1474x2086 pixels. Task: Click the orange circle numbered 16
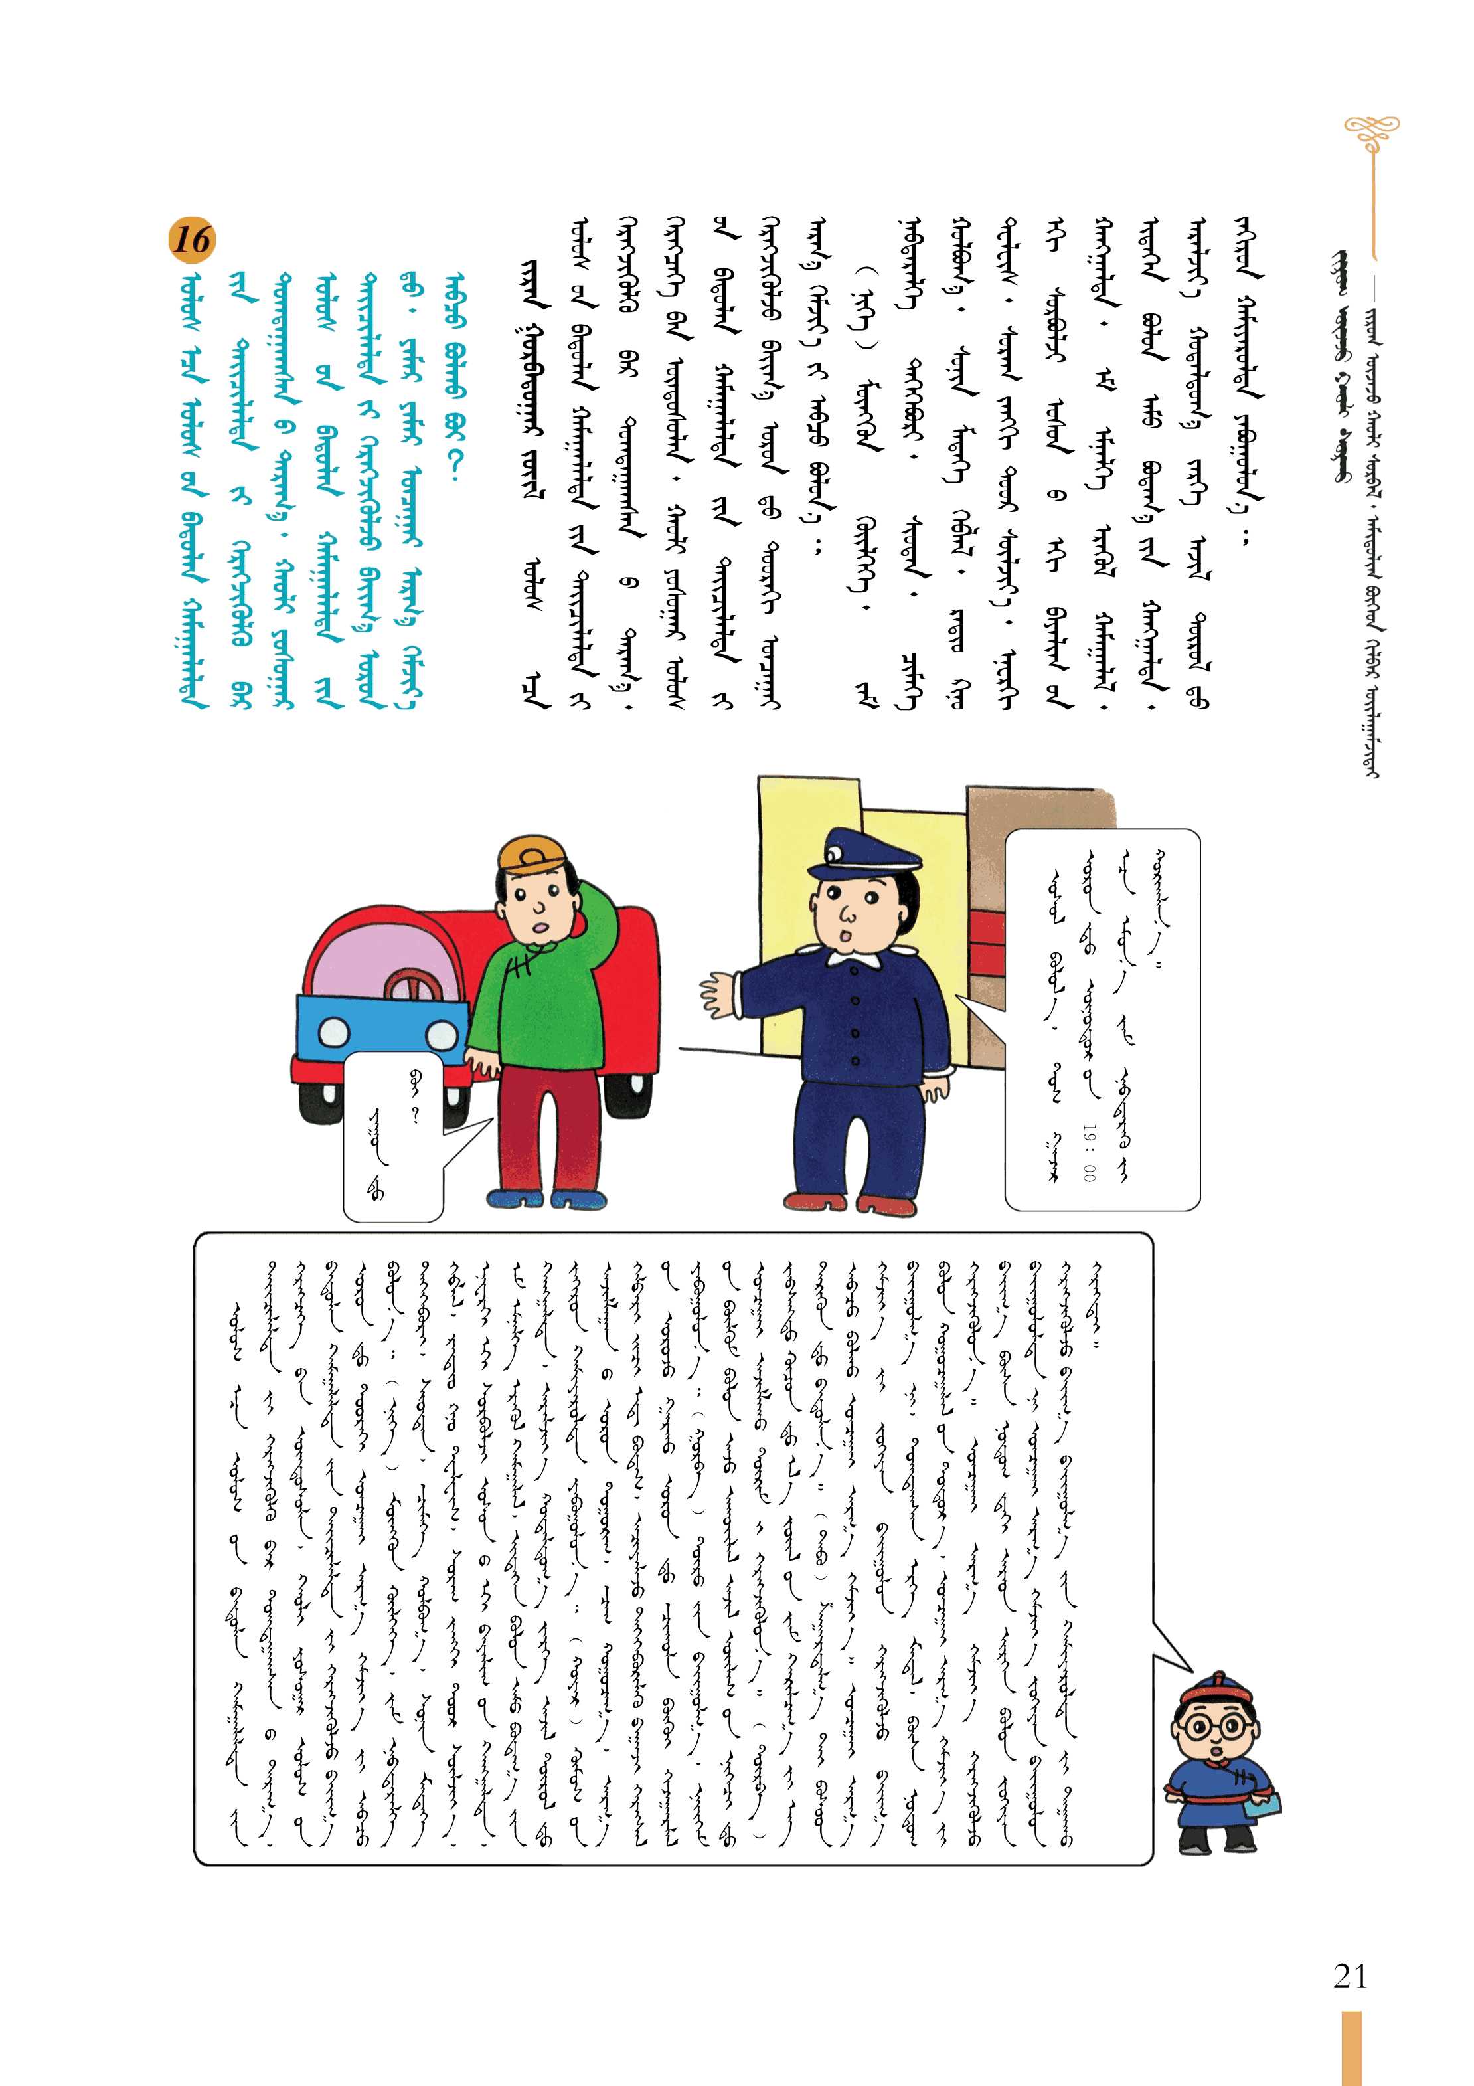coord(192,240)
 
